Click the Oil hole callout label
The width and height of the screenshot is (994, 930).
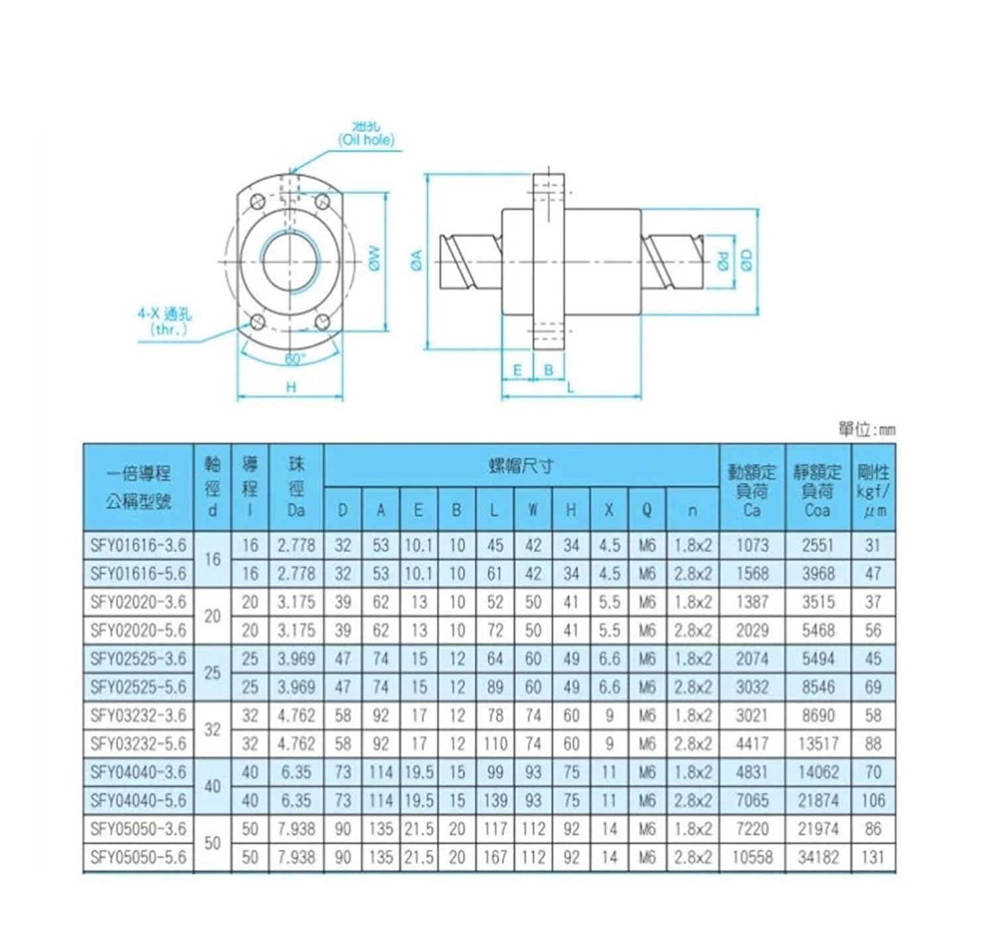pyautogui.click(x=366, y=140)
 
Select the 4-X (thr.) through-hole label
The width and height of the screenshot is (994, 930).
pyautogui.click(x=164, y=321)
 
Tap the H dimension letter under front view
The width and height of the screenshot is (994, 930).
pyautogui.click(x=290, y=388)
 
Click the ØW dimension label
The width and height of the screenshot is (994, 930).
pyautogui.click(x=374, y=259)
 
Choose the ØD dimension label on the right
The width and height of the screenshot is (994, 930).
pyautogui.click(x=747, y=261)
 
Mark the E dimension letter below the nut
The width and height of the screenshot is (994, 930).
pyautogui.click(x=518, y=370)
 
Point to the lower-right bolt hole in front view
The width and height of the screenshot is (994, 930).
pyautogui.click(x=323, y=323)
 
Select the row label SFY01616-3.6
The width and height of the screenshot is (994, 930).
pyautogui.click(x=138, y=546)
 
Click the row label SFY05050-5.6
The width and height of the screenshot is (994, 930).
pyautogui.click(x=138, y=857)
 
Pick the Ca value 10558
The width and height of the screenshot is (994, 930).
pyautogui.click(x=752, y=857)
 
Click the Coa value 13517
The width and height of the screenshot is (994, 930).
pyautogui.click(x=818, y=744)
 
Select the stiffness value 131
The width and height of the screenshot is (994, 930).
pyautogui.click(x=873, y=857)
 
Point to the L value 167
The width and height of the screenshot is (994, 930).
pyautogui.click(x=495, y=857)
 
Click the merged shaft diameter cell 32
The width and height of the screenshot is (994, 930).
pyautogui.click(x=212, y=730)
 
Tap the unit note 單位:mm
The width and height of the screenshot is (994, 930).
pyautogui.click(x=866, y=430)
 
